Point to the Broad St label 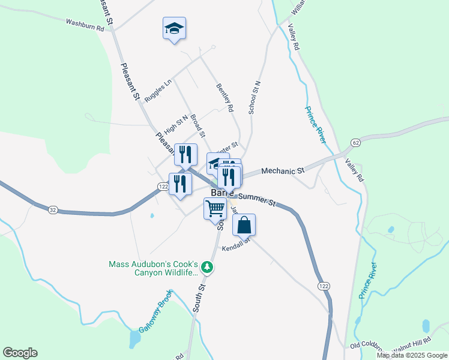point(198,125)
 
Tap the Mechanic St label point(283,171)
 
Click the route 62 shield point(356,143)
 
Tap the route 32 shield point(53,209)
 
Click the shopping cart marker point(215,209)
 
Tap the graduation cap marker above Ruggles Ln point(174,28)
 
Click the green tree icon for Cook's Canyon point(206,266)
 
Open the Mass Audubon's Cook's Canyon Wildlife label point(153,268)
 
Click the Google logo point(20,353)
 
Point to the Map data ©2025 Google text point(411,355)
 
